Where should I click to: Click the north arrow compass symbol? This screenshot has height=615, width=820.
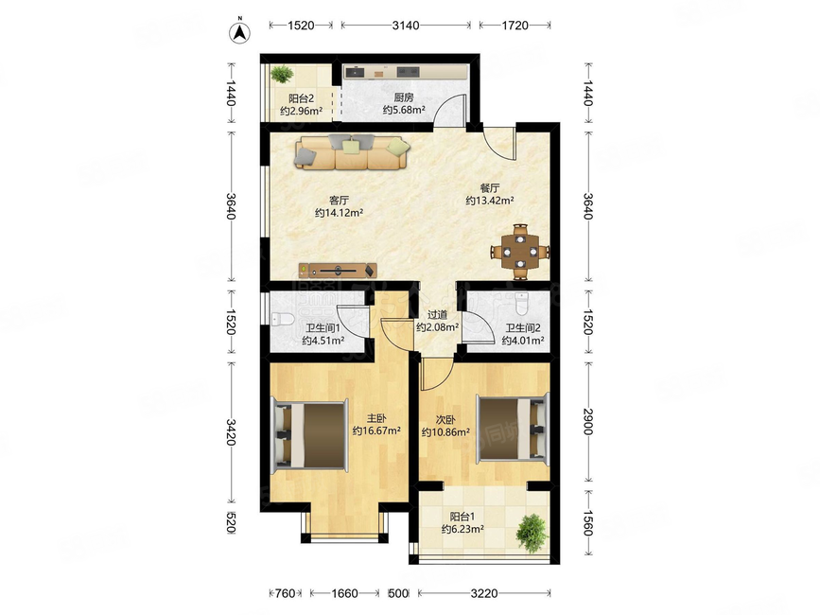240,31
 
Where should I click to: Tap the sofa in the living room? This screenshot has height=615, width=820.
353,151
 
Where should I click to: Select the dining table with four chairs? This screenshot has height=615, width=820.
520,252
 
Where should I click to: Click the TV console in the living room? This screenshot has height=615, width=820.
338,270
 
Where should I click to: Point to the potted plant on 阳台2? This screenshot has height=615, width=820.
283,74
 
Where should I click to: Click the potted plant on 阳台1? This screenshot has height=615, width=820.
532,533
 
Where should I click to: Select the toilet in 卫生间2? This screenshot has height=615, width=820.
522,304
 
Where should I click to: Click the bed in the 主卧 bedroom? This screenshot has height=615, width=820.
309,434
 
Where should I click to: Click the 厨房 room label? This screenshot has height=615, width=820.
404,97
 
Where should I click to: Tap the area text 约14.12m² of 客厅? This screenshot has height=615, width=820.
340,213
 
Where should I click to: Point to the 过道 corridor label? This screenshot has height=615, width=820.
437,315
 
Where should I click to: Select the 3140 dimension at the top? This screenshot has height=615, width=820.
406,25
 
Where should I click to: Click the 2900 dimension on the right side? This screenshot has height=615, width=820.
587,422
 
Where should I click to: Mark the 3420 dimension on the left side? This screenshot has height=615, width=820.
230,432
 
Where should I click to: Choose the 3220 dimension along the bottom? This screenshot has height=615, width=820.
483,593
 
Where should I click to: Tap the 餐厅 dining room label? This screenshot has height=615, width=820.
490,187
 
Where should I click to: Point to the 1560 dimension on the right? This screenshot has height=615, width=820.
587,523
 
